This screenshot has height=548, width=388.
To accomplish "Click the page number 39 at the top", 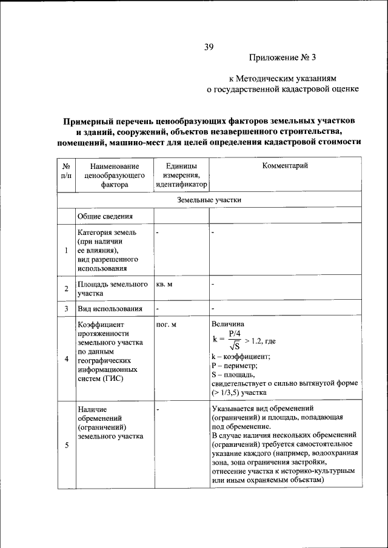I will pos(209,47).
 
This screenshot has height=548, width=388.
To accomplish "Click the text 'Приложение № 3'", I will pos(283,58).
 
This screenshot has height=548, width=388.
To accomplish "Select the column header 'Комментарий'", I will pos(284,166).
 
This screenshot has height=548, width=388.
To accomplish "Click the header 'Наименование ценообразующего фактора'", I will pos(112,176).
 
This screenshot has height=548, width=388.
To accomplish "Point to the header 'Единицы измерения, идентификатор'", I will pos(181,176).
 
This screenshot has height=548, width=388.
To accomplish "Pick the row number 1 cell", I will pos(66,250).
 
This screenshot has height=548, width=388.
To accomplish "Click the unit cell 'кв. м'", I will pos(164,284).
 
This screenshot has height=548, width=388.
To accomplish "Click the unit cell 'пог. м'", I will pos(166,325).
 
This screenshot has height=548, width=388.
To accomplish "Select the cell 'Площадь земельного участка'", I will pos(113,288).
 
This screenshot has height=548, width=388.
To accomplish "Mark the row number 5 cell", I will pos(66,446).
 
